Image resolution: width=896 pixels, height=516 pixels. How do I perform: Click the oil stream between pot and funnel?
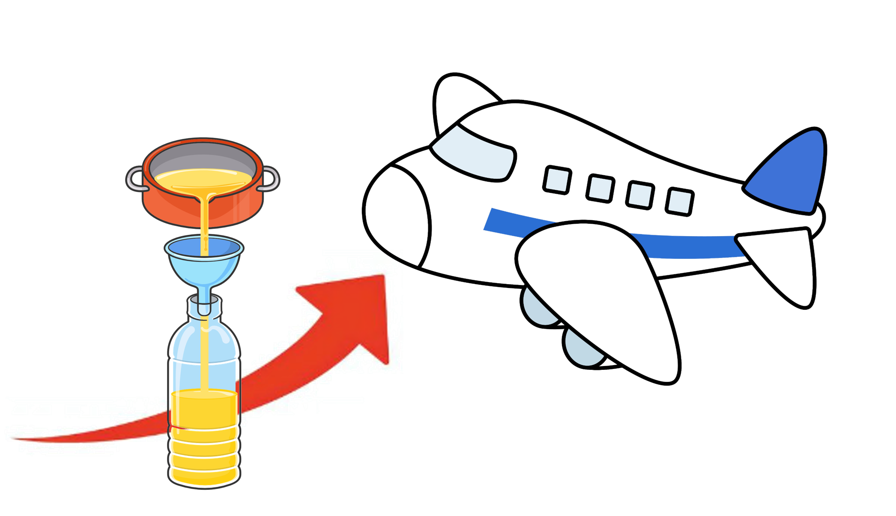point(205,223)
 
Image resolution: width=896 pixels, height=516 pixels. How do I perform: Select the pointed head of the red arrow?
point(364,309)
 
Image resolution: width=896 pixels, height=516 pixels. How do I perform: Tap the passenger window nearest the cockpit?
point(557,180)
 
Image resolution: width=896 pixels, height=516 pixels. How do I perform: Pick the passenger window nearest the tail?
point(680,201)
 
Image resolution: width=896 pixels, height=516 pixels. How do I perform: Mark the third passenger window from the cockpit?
point(640,195)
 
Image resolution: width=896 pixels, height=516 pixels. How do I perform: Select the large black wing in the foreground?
point(600,291)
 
